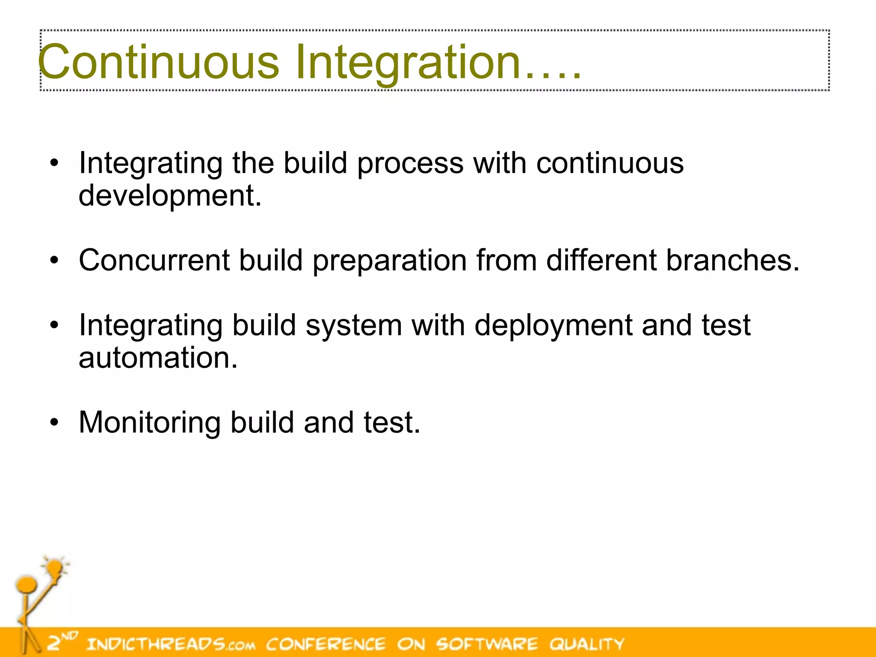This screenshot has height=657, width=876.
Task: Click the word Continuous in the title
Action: [158, 62]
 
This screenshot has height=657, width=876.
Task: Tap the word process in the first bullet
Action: [410, 163]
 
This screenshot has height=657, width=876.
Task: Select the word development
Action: [170, 195]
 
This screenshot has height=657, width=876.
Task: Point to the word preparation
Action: [389, 261]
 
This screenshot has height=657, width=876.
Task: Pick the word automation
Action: [158, 358]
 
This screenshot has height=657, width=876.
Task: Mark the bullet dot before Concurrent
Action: [54, 260]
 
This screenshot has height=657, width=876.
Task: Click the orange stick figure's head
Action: [27, 584]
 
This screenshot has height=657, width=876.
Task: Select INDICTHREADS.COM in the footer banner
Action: [171, 644]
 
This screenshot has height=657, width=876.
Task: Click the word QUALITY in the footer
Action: [587, 644]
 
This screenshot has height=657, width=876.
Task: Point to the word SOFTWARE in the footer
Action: [487, 644]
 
